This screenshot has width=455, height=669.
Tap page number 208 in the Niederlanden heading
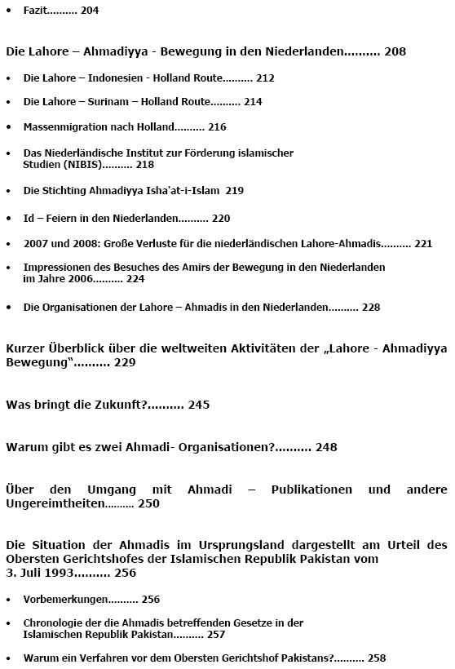coord(395,51)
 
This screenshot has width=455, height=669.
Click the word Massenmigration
coord(64,127)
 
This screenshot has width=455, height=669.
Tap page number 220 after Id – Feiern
coord(221,219)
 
